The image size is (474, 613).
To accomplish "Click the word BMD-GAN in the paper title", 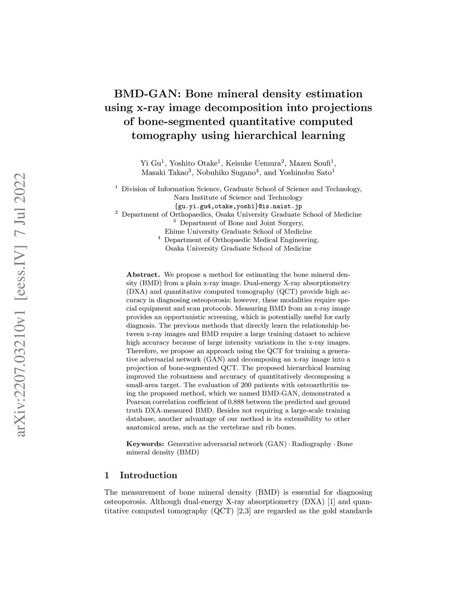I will [x=147, y=94].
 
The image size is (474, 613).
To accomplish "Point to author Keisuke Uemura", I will [x=254, y=163].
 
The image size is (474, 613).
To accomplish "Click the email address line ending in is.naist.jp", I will [x=238, y=206].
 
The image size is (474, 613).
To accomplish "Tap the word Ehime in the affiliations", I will [x=174, y=231].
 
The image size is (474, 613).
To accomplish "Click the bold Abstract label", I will [x=143, y=275].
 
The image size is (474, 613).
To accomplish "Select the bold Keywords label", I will [x=145, y=444].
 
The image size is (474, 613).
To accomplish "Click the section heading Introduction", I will [x=148, y=475].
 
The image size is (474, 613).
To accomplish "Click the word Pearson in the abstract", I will [x=137, y=402].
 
